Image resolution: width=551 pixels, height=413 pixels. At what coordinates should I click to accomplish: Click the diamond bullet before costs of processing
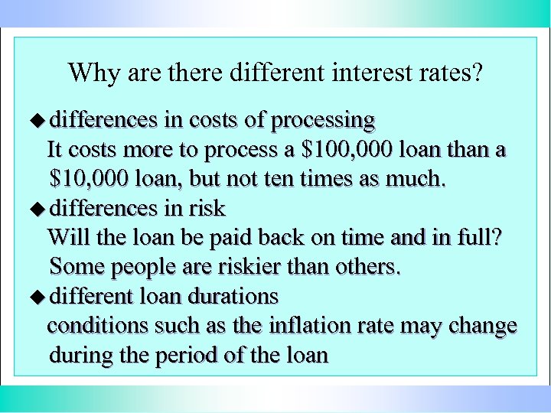pyautogui.click(x=42, y=120)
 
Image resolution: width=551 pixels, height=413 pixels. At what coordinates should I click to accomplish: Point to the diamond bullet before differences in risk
pyautogui.click(x=42, y=208)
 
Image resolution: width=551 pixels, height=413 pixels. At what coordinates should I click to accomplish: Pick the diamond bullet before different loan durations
pyautogui.click(x=42, y=295)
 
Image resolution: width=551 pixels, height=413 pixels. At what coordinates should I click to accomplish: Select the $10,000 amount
pyautogui.click(x=89, y=179)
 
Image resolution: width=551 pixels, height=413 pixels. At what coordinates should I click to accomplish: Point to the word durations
pyautogui.click(x=236, y=295)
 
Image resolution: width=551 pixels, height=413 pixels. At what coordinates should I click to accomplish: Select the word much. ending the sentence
pyautogui.click(x=416, y=179)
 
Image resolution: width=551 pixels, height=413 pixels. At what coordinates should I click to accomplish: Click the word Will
pyautogui.click(x=65, y=237)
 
